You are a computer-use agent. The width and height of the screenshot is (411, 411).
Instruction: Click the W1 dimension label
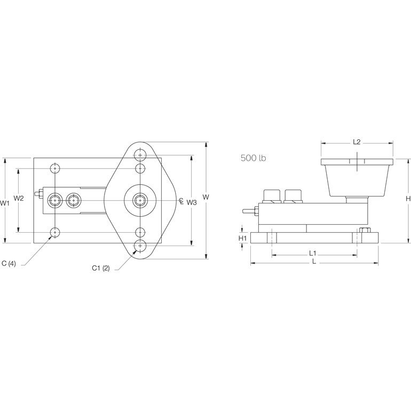(x=5, y=203)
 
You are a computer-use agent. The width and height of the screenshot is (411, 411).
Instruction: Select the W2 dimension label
(x=19, y=199)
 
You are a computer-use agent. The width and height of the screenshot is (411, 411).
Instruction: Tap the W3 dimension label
(x=192, y=202)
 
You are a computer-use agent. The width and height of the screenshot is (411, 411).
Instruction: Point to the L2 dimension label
(x=357, y=142)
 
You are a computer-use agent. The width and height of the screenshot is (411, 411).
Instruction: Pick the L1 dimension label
(x=313, y=252)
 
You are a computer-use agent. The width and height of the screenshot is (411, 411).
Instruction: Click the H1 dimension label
(x=242, y=238)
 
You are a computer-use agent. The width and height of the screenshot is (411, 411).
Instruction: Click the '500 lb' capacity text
(x=253, y=158)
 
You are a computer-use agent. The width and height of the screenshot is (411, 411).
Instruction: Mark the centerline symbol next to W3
(x=181, y=201)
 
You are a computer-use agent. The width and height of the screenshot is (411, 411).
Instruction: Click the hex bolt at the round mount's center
(x=140, y=200)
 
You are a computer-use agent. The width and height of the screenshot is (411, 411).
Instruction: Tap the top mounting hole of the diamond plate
(x=140, y=155)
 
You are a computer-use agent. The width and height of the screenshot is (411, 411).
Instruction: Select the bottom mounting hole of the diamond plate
(x=140, y=246)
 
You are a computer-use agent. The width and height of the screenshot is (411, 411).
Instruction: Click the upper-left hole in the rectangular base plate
(x=55, y=169)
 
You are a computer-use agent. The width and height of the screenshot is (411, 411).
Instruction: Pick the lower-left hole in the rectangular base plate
(x=55, y=232)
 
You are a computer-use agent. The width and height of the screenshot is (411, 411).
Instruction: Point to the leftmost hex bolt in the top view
(x=54, y=200)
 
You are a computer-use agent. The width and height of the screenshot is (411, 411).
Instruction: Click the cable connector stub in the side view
(x=249, y=211)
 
